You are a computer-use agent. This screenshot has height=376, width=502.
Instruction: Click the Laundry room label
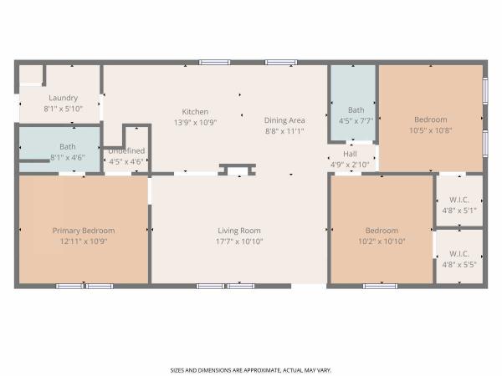(63, 98)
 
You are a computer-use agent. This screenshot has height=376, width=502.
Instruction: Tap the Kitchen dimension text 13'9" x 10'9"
(195, 123)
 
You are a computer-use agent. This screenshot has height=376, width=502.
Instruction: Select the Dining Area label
(284, 120)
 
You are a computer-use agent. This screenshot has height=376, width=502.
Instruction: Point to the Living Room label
(239, 231)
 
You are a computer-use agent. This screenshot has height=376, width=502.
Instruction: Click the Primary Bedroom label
(84, 231)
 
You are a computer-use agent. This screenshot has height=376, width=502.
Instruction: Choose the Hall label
(350, 154)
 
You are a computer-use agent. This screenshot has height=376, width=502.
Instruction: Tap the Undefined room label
(126, 150)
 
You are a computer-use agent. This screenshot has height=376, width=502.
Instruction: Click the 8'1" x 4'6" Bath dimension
(68, 158)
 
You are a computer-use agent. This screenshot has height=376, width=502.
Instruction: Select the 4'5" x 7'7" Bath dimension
(356, 121)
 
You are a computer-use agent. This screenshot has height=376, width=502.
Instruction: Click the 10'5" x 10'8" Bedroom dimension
(431, 130)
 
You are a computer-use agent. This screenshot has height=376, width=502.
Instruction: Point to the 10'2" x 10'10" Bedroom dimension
(382, 241)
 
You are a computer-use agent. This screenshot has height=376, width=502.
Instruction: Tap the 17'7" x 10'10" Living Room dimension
(239, 241)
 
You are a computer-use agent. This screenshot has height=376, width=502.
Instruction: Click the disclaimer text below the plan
(251, 370)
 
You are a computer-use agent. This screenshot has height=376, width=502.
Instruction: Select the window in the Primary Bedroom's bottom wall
(85, 286)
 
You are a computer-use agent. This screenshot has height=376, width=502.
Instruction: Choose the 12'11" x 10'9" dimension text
(84, 241)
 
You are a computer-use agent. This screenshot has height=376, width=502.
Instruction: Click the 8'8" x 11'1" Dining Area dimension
(284, 131)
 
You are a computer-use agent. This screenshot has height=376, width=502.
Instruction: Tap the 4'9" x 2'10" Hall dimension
(350, 165)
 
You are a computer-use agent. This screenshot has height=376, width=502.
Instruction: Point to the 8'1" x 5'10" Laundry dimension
(63, 109)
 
